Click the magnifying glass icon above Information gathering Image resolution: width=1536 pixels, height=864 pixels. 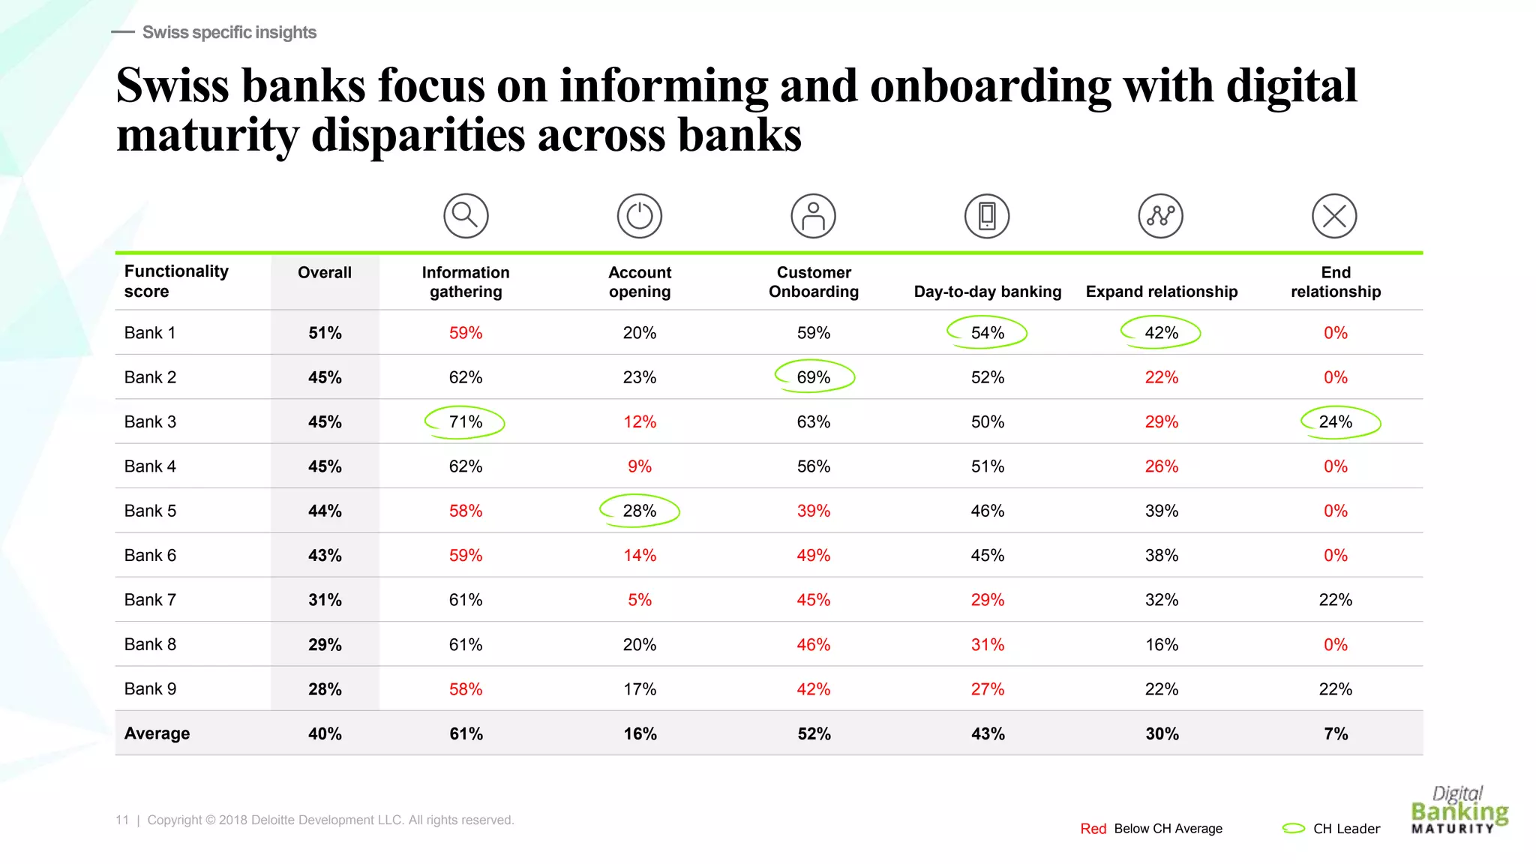(x=466, y=216)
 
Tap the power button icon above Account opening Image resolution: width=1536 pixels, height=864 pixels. (x=640, y=216)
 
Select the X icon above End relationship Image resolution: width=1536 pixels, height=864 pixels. (x=1335, y=216)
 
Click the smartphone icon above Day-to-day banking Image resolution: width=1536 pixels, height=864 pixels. (x=987, y=216)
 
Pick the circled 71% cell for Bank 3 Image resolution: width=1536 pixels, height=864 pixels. (x=466, y=421)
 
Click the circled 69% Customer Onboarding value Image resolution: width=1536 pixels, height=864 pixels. (x=814, y=377)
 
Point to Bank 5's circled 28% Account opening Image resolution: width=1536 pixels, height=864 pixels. (x=640, y=511)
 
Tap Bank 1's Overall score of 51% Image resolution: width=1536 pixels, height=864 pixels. (x=325, y=333)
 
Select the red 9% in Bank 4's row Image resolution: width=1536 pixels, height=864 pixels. (x=640, y=466)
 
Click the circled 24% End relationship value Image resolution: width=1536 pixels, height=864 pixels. (x=1336, y=421)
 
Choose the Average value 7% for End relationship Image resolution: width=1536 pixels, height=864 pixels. (x=1336, y=733)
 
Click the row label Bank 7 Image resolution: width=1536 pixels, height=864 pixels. (x=150, y=600)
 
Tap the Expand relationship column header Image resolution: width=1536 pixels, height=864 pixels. (x=1162, y=292)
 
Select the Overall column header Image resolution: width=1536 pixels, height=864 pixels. (x=325, y=272)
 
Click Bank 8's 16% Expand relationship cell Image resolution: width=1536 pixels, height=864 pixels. (x=1162, y=644)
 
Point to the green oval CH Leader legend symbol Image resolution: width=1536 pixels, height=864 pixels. (x=1294, y=828)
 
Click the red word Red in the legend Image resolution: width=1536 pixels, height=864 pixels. (x=1093, y=829)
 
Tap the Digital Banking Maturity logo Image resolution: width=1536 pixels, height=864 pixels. (x=1459, y=810)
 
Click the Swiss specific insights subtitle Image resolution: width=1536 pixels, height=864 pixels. (x=229, y=32)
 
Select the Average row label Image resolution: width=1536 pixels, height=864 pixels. (x=157, y=733)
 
